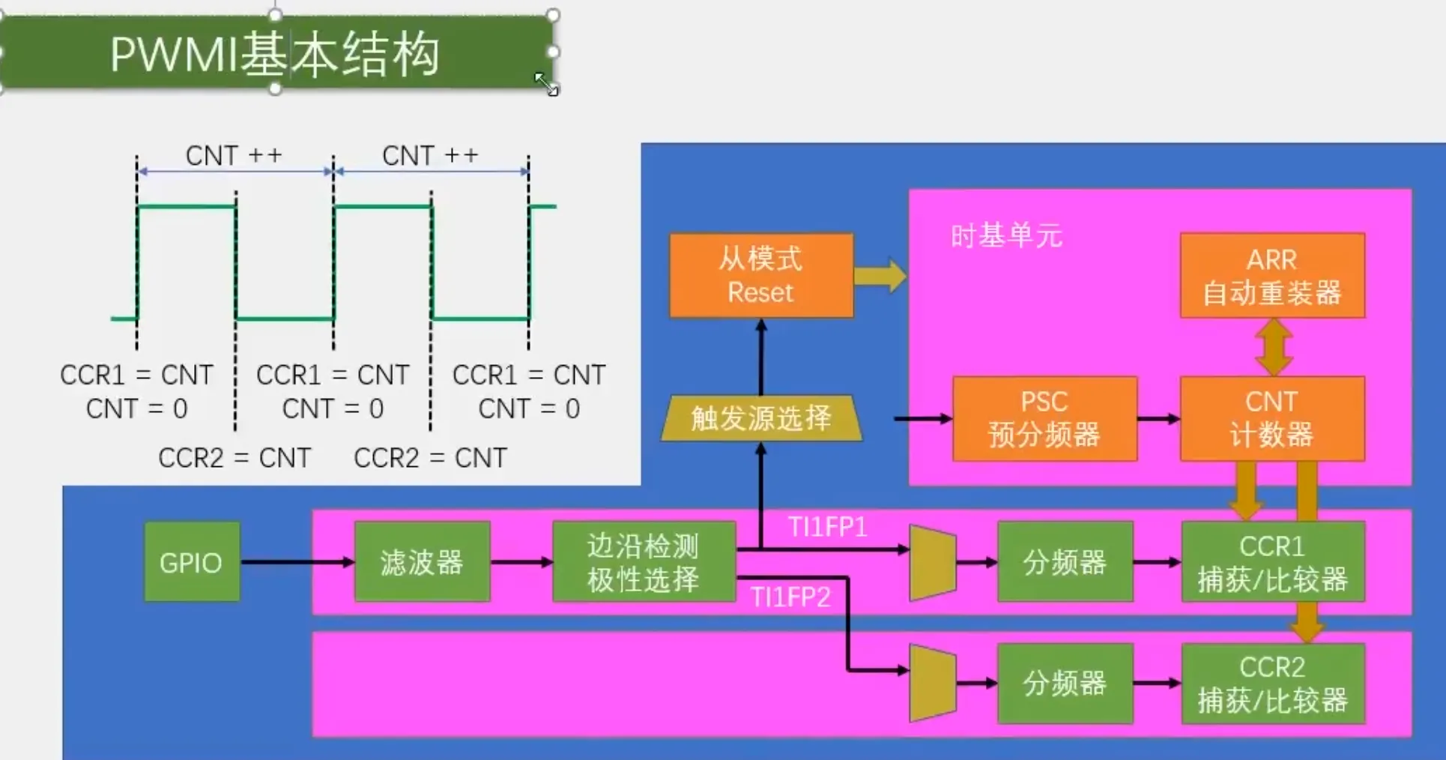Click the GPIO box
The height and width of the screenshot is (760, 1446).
tap(192, 561)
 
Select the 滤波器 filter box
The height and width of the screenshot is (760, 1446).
tap(422, 561)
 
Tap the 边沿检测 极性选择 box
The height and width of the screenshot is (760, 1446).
tap(644, 561)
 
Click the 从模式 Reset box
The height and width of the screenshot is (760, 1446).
tap(761, 275)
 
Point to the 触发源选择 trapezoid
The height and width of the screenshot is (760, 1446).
tap(761, 417)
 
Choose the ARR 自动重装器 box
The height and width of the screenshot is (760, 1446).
tap(1272, 275)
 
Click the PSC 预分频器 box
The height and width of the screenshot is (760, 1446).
tap(1044, 418)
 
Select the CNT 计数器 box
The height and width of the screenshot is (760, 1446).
tap(1272, 418)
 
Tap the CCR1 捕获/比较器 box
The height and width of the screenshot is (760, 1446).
tap(1273, 561)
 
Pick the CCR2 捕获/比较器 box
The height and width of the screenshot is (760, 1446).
tap(1273, 683)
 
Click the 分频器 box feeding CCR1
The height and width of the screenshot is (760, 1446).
tap(1065, 561)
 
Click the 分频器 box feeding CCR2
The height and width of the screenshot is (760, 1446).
tap(1065, 683)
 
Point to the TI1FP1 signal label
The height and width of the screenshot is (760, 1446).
tap(828, 527)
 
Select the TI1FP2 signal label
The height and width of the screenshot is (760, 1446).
tap(791, 597)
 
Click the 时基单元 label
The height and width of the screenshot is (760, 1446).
tap(1006, 235)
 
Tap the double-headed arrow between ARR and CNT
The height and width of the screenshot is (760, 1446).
tap(1274, 347)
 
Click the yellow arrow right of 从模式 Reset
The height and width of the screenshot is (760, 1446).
tap(880, 275)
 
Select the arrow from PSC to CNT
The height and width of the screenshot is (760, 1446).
tap(1158, 419)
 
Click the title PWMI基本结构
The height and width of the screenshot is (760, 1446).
tap(275, 54)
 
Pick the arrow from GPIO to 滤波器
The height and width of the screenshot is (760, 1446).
tap(297, 561)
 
